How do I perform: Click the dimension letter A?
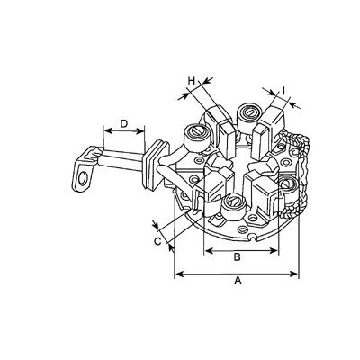238,281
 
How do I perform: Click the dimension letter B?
237,257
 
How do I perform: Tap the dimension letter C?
157,241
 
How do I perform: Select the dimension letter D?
124,123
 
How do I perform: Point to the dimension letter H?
192,81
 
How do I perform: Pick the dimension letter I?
283,90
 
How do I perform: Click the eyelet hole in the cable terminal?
82,179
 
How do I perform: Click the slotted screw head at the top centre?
249,112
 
